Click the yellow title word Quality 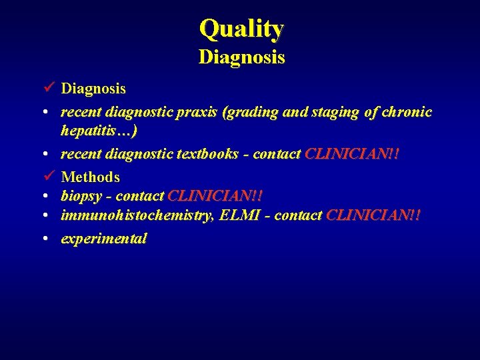click(241, 29)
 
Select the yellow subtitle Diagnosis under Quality click(241, 57)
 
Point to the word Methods click(91, 177)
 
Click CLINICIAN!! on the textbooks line click(352, 154)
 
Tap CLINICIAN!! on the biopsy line click(215, 197)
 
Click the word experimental click(103, 239)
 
